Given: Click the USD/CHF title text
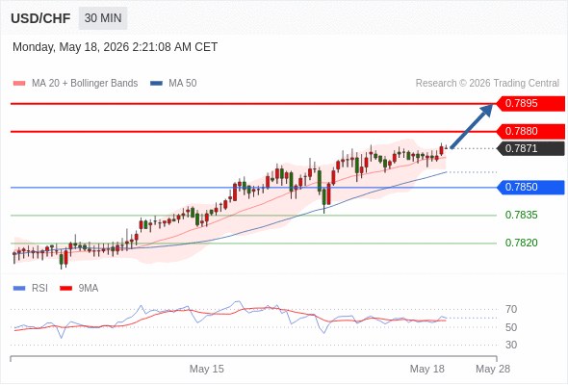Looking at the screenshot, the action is [x=40, y=18].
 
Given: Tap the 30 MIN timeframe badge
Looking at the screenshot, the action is [x=103, y=17].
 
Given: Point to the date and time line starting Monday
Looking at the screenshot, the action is [x=116, y=47].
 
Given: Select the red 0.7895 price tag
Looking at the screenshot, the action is [x=530, y=104].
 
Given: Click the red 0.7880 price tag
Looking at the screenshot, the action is [x=530, y=132].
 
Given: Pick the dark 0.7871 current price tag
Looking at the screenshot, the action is [x=530, y=148].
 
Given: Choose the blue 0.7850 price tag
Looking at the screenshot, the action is [x=530, y=188].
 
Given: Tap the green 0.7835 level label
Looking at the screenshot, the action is [x=521, y=216].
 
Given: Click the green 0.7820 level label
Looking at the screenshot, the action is [x=521, y=243].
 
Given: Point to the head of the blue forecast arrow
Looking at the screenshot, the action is [x=493, y=105].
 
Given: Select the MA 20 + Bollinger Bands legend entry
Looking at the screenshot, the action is [x=75, y=84].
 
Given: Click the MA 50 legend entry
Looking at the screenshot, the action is [x=173, y=84].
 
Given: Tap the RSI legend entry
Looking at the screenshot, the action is [x=31, y=289].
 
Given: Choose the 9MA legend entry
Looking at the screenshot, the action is [x=79, y=289].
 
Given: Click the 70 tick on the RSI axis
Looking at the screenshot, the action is [x=511, y=309].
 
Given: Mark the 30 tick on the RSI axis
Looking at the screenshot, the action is [x=511, y=345].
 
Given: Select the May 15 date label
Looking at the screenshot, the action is [x=207, y=369].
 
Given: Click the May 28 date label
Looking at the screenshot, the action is [x=493, y=369].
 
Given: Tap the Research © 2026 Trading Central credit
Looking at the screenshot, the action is [x=487, y=84].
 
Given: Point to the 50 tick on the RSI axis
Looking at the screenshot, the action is [x=511, y=327].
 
